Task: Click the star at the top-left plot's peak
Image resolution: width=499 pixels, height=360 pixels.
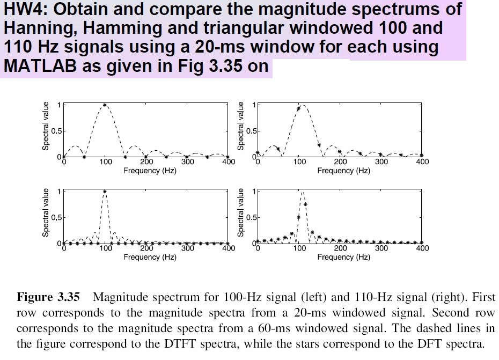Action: pos(105,106)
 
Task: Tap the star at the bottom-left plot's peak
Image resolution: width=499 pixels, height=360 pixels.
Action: pos(105,192)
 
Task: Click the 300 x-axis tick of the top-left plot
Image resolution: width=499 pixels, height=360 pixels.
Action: pos(188,162)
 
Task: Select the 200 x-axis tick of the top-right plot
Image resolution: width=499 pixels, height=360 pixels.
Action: pos(340,162)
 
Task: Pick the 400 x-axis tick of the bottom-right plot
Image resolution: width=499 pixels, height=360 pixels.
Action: pos(422,248)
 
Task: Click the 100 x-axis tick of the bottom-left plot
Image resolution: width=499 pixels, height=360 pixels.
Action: pos(105,248)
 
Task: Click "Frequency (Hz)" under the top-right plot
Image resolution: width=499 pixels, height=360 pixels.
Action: pos(343,171)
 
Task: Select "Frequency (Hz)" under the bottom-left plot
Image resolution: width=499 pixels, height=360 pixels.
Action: pos(150,257)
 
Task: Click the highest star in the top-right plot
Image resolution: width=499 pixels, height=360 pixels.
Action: pos(299,108)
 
